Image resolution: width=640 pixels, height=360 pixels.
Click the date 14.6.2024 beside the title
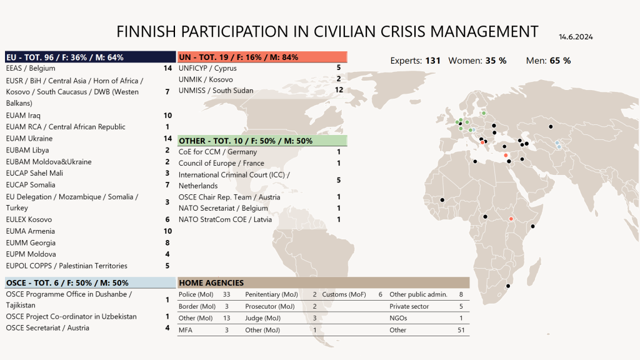point(576,37)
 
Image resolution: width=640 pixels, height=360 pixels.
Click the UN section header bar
point(262,57)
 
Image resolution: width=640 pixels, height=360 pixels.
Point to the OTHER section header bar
point(262,141)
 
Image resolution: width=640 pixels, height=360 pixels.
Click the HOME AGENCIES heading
point(323,282)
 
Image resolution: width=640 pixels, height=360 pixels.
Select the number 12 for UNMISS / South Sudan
point(339,91)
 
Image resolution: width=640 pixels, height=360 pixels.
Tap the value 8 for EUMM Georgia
point(167,243)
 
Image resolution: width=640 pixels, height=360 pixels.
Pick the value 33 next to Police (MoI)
point(226,294)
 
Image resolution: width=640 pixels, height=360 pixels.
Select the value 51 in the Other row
point(461,330)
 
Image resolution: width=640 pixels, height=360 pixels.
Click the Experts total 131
point(432,61)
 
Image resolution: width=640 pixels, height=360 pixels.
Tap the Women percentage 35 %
point(496,61)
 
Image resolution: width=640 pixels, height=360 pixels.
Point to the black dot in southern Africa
point(507,286)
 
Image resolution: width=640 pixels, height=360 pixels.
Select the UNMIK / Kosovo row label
point(206,79)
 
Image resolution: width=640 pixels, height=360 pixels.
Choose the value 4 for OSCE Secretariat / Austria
point(167,328)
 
